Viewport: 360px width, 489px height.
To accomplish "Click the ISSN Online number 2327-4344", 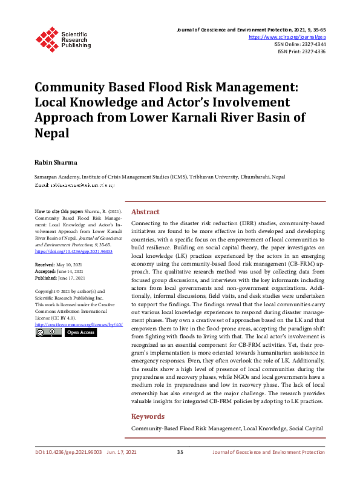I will pyautogui.click(x=312, y=44).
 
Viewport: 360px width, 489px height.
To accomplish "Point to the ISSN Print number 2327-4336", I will pyautogui.click(x=312, y=52).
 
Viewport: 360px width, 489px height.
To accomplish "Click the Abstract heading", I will pyautogui.click(x=145, y=212).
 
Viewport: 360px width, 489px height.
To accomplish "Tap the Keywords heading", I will pyautogui.click(x=148, y=416).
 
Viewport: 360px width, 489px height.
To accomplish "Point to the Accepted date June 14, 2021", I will pyautogui.click(x=71, y=272).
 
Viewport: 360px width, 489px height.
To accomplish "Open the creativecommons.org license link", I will pyautogui.click(x=79, y=324).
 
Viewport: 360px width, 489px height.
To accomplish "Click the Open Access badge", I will pyautogui.click(x=80, y=332).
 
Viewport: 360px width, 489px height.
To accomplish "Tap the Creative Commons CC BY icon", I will pyautogui.click(x=48, y=332).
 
